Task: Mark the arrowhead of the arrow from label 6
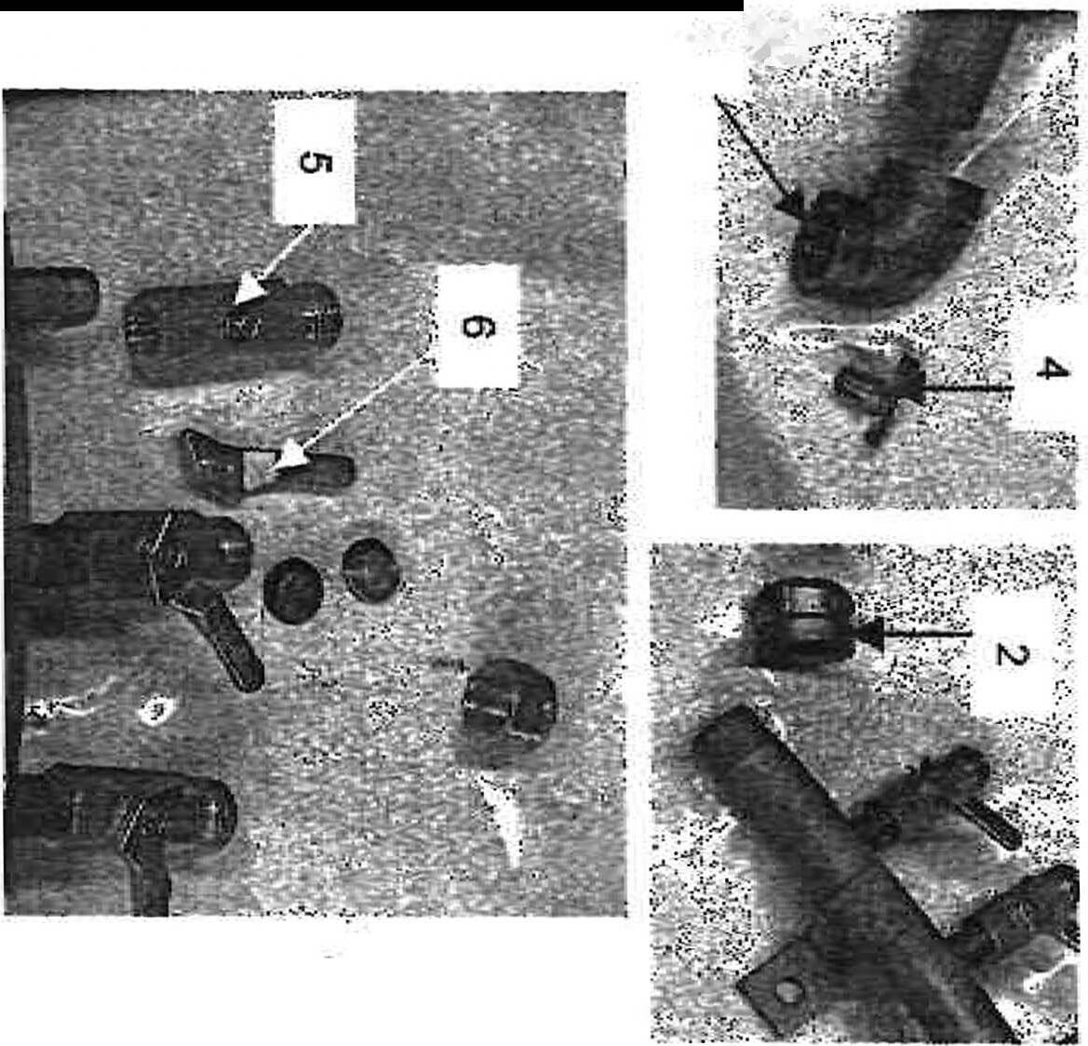290,459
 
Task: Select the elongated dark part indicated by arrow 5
233,331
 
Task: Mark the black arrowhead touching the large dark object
792,201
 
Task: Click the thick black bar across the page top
372,5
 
